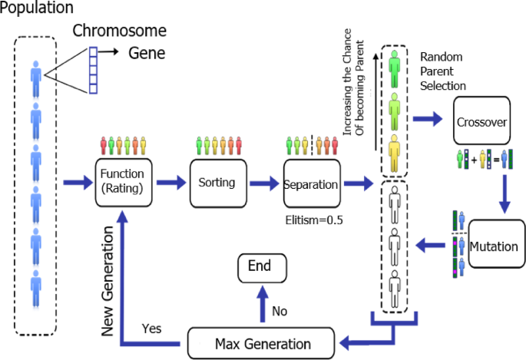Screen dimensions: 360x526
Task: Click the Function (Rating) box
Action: [x=124, y=183]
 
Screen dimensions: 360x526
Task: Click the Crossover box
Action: [x=481, y=121]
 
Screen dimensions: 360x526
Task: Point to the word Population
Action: [x=37, y=9]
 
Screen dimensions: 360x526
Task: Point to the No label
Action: [x=279, y=311]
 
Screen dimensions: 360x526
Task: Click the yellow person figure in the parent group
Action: [x=395, y=152]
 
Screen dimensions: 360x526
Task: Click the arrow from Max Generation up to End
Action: [x=261, y=303]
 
